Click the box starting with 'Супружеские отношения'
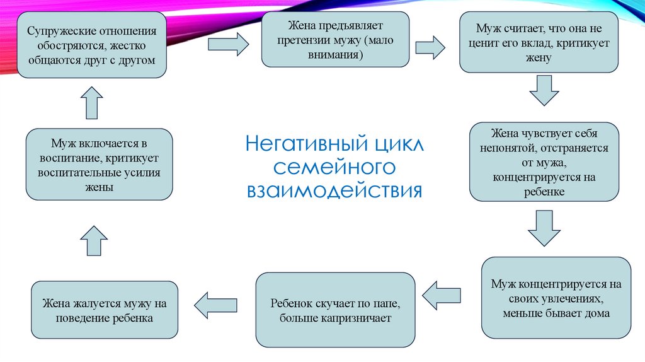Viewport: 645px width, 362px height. point(91,45)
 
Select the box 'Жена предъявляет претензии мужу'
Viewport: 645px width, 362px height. point(336,40)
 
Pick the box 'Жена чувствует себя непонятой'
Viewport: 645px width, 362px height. point(544,162)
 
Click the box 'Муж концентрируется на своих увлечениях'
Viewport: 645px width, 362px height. point(556,298)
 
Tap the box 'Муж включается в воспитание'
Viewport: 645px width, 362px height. point(99,164)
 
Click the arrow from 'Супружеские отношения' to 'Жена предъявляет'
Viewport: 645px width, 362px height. point(228,44)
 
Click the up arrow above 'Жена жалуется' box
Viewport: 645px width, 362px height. point(94,240)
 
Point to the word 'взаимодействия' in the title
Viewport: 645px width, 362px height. point(335,190)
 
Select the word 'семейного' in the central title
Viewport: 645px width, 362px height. point(335,167)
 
